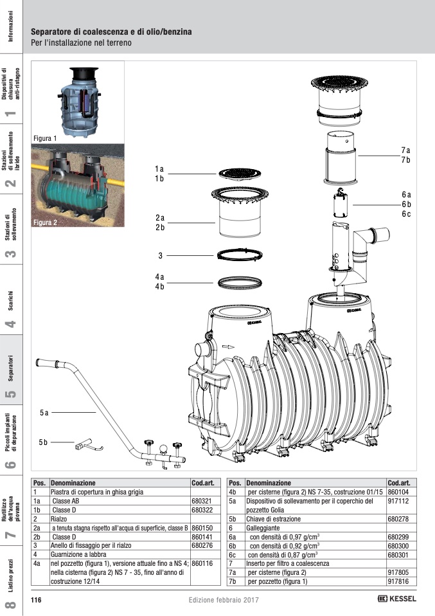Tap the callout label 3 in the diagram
click(x=160, y=256)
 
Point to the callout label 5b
click(x=44, y=442)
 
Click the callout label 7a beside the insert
click(x=405, y=150)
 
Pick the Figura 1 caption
click(x=45, y=138)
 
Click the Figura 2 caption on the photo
click(x=45, y=222)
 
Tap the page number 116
click(x=37, y=600)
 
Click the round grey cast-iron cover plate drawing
click(x=236, y=174)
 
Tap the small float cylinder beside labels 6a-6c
click(x=339, y=204)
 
